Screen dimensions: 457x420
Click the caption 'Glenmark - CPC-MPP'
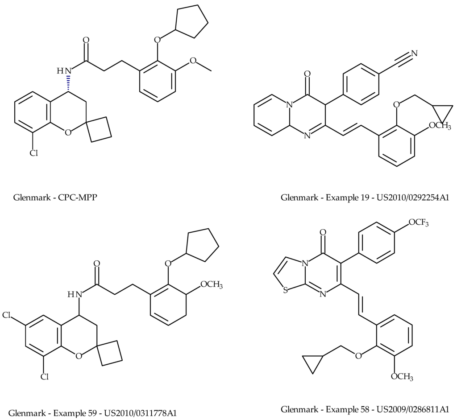pyautogui.click(x=55, y=197)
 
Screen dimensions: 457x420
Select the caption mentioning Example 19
pyautogui.click(x=365, y=197)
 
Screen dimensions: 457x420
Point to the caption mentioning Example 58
pyautogui.click(x=365, y=409)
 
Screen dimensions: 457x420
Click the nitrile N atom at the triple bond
pyautogui.click(x=414, y=54)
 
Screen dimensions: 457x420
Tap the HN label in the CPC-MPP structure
pyautogui.click(x=64, y=70)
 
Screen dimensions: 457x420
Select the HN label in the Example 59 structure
pyautogui.click(x=75, y=294)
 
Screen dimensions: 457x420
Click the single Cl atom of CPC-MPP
pyautogui.click(x=34, y=153)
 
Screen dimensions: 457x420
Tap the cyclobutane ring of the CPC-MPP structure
pyautogui.click(x=100, y=129)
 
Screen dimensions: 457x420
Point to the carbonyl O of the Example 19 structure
pyautogui.click(x=307, y=73)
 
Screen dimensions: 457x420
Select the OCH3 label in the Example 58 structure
pyautogui.click(x=402, y=377)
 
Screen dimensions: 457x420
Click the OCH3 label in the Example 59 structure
pyautogui.click(x=208, y=284)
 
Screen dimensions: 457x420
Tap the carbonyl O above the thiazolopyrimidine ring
pyautogui.click(x=323, y=232)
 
